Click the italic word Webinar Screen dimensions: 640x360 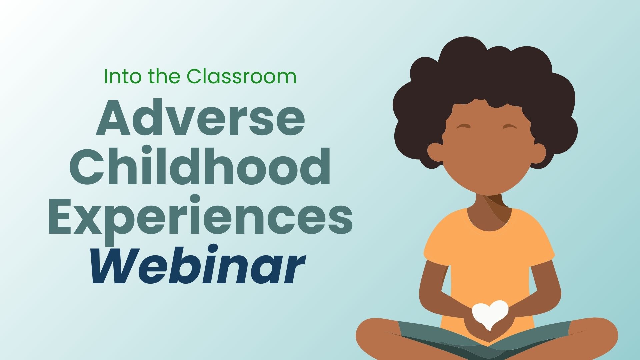198,265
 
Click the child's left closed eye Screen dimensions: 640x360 463,127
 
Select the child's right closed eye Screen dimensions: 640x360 509,127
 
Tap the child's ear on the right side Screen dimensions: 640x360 537,153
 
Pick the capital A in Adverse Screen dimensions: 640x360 113,117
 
